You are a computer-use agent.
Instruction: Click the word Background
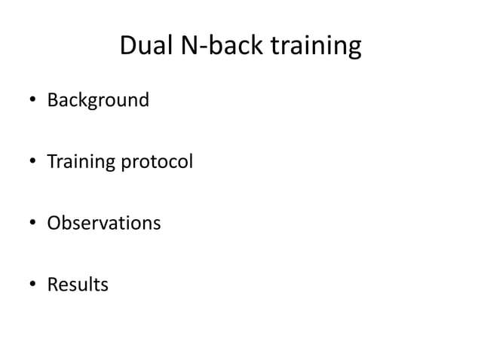pyautogui.click(x=98, y=99)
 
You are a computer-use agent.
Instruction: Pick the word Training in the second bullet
pyautogui.click(x=78, y=162)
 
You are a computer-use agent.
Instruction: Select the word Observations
pyautogui.click(x=104, y=224)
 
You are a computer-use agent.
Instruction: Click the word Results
pyautogui.click(x=78, y=285)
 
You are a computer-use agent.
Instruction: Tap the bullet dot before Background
pyautogui.click(x=33, y=101)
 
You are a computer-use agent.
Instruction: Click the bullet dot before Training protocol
pyautogui.click(x=33, y=163)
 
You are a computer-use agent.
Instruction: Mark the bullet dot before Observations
pyautogui.click(x=33, y=224)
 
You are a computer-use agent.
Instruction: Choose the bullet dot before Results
pyautogui.click(x=33, y=286)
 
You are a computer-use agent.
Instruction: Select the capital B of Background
pyautogui.click(x=52, y=99)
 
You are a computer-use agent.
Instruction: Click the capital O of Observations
pyautogui.click(x=54, y=224)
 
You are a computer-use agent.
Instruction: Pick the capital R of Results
pyautogui.click(x=52, y=285)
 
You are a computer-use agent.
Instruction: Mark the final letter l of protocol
pyautogui.click(x=191, y=161)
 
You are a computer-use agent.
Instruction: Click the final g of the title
pyautogui.click(x=354, y=50)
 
